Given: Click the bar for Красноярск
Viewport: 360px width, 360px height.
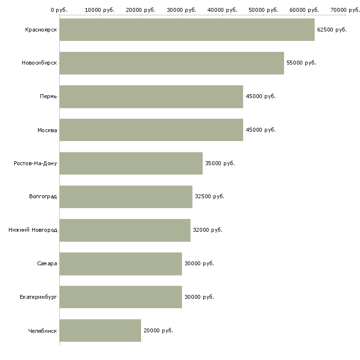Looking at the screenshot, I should click(x=187, y=30).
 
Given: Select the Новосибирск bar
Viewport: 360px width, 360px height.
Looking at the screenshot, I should click(x=172, y=63).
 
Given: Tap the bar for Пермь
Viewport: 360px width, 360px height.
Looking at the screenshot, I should click(x=151, y=97).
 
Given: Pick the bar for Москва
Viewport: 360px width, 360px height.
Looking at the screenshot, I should click(x=151, y=130).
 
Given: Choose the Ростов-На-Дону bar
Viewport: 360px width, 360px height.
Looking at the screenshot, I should click(x=131, y=163).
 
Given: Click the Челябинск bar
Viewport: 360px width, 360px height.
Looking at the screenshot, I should click(x=100, y=330).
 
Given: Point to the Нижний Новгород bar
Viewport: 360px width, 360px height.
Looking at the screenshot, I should click(x=125, y=230).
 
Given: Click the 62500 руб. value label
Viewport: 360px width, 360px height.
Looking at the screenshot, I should click(x=332, y=30).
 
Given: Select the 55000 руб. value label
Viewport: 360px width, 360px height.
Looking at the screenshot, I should click(x=301, y=63).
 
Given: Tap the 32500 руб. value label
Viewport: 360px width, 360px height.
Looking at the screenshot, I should click(x=210, y=197).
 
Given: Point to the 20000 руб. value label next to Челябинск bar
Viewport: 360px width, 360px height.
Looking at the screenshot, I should click(x=158, y=330).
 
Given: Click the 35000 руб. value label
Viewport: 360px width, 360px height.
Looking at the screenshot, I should click(x=220, y=163).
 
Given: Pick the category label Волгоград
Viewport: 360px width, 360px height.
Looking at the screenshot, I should click(x=43, y=197).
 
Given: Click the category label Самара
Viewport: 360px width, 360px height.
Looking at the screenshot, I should click(x=47, y=263).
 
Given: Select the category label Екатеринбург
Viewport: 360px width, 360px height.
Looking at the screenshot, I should click(x=38, y=297).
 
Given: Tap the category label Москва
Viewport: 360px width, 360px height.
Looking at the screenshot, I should click(x=47, y=130).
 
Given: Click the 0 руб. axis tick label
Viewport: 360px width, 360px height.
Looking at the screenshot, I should click(x=59, y=10).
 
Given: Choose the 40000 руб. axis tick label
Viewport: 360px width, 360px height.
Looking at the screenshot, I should click(x=222, y=10).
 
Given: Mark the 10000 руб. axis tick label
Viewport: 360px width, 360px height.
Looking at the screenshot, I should click(x=100, y=10).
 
